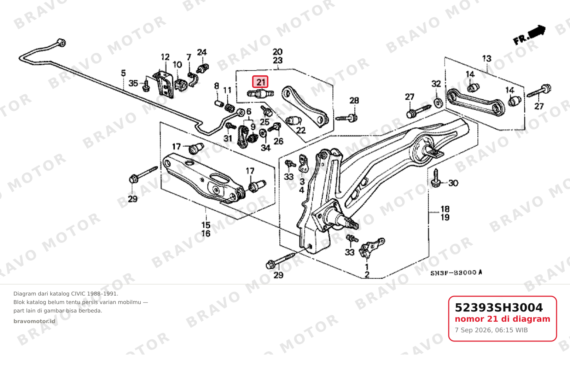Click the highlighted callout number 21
pos(260,82)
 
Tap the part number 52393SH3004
pos(499,308)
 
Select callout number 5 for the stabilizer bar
pos(123,73)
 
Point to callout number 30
pos(453,183)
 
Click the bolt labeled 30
pos(436,178)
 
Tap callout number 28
pos(354,101)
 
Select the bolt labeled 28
pos(347,118)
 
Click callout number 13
pos(487,59)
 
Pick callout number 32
pos(436,84)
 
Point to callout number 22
pos(301,130)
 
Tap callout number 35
pos(133,83)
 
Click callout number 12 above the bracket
pos(165,57)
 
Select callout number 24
pos(202,52)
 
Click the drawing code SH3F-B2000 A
pos(456,273)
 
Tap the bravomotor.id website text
pos(34,321)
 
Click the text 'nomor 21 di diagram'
pos(502,319)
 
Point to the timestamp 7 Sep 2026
pos(491,330)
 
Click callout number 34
pos(266,147)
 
